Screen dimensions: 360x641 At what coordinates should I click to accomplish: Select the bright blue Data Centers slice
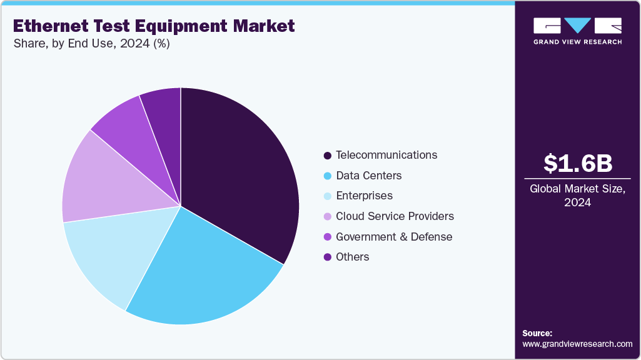[x=200, y=275]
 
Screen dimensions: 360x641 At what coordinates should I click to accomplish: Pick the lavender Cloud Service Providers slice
[x=100, y=181]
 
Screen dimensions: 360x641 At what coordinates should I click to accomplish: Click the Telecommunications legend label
[x=386, y=155]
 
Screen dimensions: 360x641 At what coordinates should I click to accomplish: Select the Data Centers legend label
[x=368, y=176]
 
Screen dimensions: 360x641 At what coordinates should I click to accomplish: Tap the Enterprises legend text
[x=364, y=196]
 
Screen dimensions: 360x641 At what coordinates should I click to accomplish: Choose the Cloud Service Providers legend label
[x=395, y=216]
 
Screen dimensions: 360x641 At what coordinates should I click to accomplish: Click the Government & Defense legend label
[x=393, y=237]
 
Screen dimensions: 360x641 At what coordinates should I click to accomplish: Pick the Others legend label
[x=352, y=257]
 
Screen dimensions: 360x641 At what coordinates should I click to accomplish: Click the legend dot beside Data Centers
[x=327, y=176]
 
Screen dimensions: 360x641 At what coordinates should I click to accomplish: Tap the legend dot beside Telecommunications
[x=327, y=155]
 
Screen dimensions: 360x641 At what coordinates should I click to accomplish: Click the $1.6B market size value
[x=577, y=164]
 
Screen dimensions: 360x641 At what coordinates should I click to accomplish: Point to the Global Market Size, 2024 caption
[x=577, y=196]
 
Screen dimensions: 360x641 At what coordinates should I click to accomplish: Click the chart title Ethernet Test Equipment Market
[x=153, y=26]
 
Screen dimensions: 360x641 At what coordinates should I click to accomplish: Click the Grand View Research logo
[x=577, y=31]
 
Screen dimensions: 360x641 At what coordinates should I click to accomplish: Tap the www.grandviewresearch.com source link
[x=577, y=344]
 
